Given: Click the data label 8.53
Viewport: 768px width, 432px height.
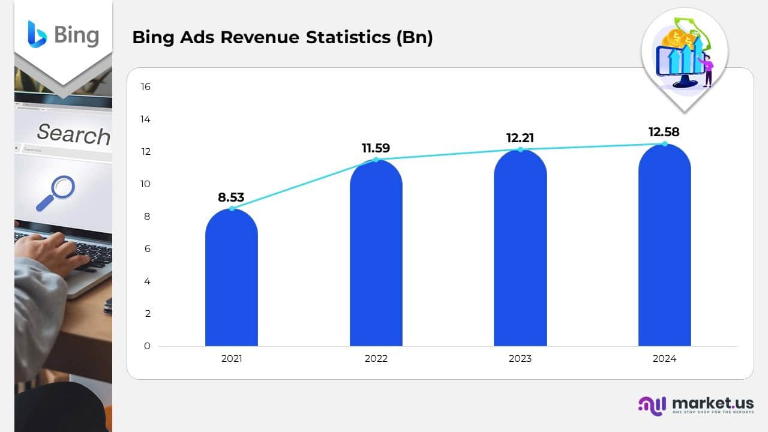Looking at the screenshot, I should click(231, 197).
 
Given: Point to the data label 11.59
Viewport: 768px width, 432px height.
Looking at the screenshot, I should click(376, 148).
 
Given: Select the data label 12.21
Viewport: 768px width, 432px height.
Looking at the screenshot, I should click(520, 138).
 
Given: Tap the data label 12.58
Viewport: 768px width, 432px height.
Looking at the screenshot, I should click(664, 132).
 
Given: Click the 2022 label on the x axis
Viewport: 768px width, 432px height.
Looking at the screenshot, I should click(376, 359).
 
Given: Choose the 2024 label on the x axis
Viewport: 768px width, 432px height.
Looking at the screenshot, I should click(664, 359).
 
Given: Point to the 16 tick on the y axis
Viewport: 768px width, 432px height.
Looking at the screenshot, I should click(145, 87).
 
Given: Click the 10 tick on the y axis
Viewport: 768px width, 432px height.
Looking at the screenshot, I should click(145, 184).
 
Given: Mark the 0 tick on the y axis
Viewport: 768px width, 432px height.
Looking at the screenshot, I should click(147, 346).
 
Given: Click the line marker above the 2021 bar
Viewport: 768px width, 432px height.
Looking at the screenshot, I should click(232, 208).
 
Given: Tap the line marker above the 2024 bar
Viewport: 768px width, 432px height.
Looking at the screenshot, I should click(664, 143).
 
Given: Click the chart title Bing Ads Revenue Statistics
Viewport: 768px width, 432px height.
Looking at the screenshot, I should click(282, 37).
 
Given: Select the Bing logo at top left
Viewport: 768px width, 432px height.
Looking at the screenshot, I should click(63, 34).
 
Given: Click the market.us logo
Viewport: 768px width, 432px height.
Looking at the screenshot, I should click(696, 405).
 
